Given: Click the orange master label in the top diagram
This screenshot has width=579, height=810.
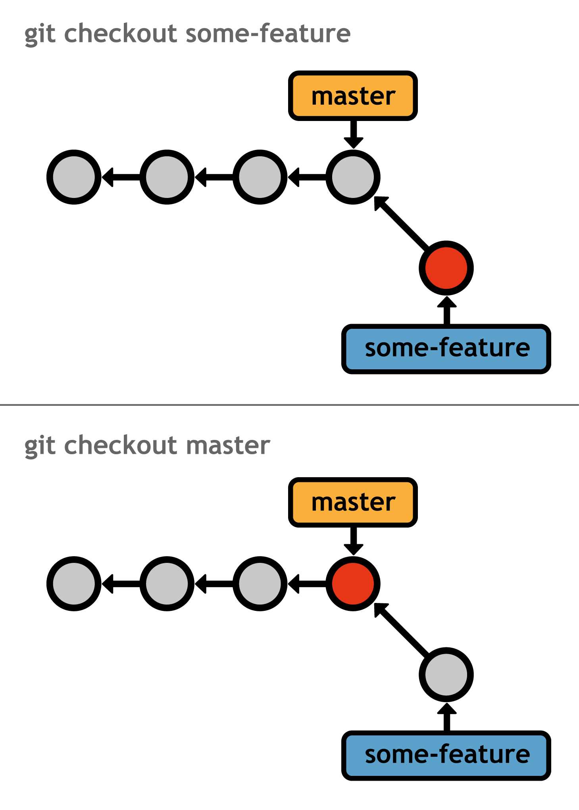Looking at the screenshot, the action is [353, 96].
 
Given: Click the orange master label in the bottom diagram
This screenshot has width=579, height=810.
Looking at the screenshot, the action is [353, 502].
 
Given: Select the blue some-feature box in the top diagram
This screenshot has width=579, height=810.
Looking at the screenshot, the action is [446, 349].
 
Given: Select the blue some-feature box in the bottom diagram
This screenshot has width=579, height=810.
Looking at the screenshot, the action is [446, 755].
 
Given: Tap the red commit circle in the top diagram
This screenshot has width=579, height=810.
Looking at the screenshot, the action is [446, 268].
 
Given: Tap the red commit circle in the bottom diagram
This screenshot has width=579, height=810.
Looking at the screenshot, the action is [353, 584].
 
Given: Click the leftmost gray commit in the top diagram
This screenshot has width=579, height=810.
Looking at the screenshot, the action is [74, 177].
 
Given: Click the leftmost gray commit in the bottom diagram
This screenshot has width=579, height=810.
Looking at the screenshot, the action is [74, 584].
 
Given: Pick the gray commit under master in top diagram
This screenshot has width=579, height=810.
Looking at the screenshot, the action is [353, 177].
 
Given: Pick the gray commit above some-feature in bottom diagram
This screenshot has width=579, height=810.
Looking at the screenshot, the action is [446, 674].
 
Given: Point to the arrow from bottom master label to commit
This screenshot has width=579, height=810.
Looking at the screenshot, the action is [353, 541].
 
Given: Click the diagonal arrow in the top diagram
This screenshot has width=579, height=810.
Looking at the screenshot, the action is [400, 222].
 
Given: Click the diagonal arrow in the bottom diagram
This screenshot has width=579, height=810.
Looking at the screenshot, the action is [400, 629].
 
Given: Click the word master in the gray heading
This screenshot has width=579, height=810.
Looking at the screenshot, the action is [228, 445].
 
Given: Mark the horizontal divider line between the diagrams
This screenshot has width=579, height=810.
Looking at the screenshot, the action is [289, 405].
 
